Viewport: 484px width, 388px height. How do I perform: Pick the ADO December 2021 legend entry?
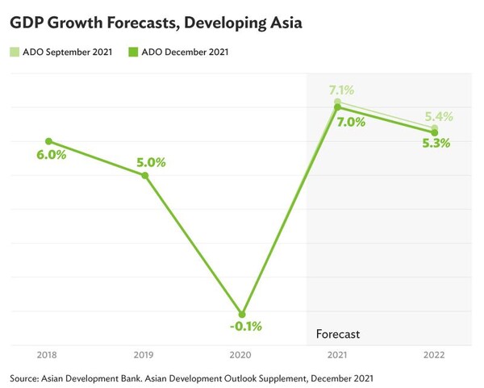[x=178, y=53]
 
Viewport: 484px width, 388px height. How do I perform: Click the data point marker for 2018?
[x=48, y=141]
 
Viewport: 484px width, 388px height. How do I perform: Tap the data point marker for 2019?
[x=145, y=175]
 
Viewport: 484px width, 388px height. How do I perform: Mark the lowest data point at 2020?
[x=241, y=314]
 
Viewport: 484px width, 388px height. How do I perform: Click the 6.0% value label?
[x=51, y=155]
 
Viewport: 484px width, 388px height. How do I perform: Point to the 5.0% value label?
[x=150, y=162]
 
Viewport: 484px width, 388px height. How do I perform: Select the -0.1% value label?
[x=244, y=327]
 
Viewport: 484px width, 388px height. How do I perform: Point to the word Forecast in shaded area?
[x=337, y=333]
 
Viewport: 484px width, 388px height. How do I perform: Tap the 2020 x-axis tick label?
[x=241, y=355]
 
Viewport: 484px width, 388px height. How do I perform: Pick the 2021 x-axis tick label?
[x=338, y=355]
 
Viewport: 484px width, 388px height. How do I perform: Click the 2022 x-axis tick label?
[x=434, y=355]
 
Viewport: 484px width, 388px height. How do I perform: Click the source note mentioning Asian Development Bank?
[x=192, y=377]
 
